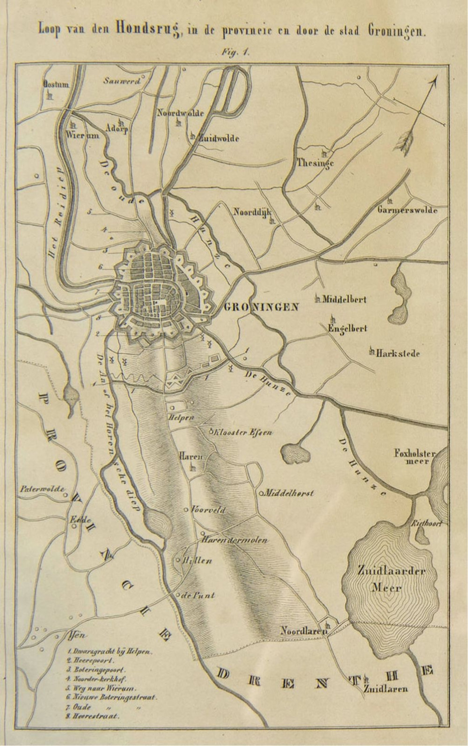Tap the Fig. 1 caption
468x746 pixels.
[x=236, y=53]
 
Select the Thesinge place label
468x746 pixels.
[x=315, y=163]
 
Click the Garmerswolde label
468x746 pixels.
[x=407, y=210]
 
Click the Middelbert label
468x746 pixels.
[x=344, y=300]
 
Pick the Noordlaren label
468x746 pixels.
[x=302, y=631]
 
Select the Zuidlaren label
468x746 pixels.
[x=384, y=689]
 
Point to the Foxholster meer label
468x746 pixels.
[x=415, y=456]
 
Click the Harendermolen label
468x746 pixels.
[x=234, y=540]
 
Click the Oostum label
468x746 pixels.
[x=56, y=85]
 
